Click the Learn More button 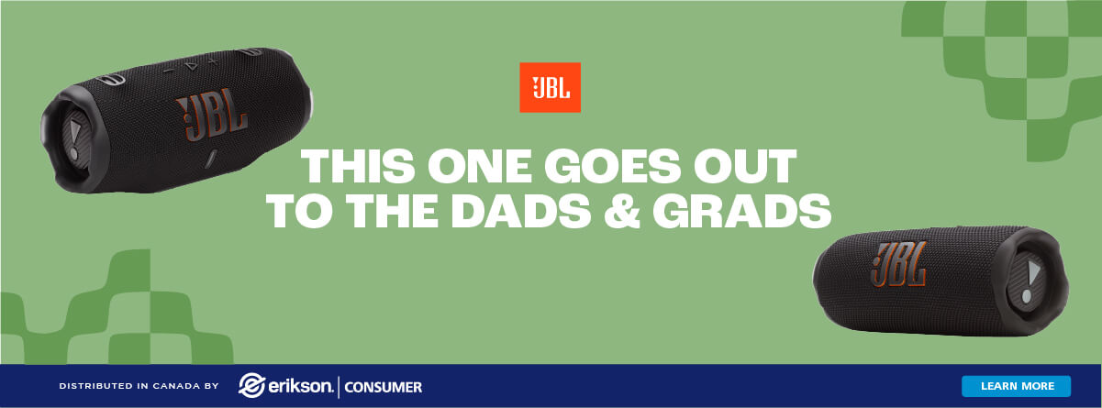tap(1016, 386)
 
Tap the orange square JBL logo tap(550, 87)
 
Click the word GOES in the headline tap(612, 166)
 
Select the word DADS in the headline tap(521, 211)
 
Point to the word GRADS tap(742, 211)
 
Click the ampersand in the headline tap(622, 211)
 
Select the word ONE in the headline tap(480, 166)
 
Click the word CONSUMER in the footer tap(384, 387)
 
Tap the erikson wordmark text tap(301, 386)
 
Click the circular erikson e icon tap(252, 385)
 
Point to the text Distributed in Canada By tap(139, 386)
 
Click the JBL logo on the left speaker tap(212, 115)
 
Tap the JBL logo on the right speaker tap(899, 264)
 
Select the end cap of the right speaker tap(1031, 283)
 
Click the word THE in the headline tap(392, 211)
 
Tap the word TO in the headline tap(300, 211)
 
